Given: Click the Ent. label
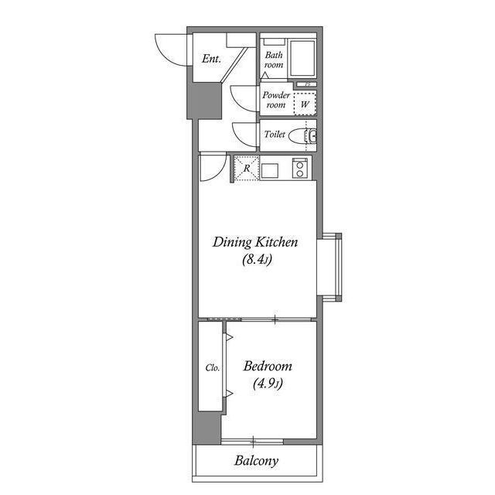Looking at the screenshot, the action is [x=211, y=59].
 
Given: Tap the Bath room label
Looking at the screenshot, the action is [x=274, y=60].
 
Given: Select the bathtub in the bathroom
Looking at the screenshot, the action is [x=302, y=58].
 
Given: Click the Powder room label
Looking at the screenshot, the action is [x=276, y=100].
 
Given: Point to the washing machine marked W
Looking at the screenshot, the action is [x=305, y=104].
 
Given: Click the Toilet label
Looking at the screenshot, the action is [x=275, y=134].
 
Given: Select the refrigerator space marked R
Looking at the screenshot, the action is [x=247, y=168].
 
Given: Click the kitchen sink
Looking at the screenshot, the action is [x=270, y=171].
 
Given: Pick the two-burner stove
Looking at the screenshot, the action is [x=299, y=168].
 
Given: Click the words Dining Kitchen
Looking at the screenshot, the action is [x=255, y=242].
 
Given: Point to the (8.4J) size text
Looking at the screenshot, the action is [x=257, y=260].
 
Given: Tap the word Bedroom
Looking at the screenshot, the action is [x=268, y=366].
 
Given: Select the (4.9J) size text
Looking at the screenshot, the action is [x=268, y=384].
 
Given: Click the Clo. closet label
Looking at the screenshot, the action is [x=212, y=368].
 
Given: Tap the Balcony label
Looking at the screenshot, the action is [x=256, y=461].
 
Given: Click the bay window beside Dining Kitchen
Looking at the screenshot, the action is [x=330, y=268].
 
